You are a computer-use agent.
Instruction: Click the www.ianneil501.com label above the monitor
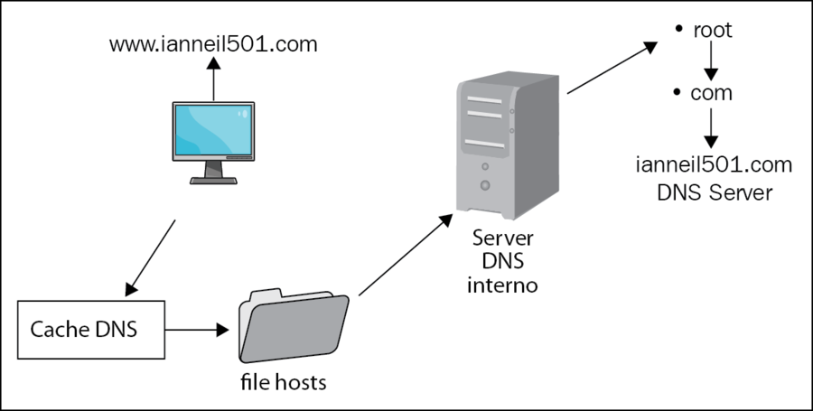coord(213,44)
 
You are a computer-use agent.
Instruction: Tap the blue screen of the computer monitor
coord(213,129)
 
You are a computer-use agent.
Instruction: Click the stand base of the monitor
coord(213,181)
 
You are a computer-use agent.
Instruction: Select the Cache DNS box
coord(91,330)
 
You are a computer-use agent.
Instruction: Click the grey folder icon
coord(294,325)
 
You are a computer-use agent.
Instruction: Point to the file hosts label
coord(284,382)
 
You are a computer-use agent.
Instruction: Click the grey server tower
coord(507,146)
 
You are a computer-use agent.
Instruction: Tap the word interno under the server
coord(502,285)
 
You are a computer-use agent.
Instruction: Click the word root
coord(713,30)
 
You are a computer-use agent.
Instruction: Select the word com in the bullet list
coord(711,93)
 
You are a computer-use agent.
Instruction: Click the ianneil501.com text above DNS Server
coord(714,164)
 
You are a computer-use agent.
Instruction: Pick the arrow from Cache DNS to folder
coord(197,330)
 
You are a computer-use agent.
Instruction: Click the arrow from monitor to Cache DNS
coord(150,258)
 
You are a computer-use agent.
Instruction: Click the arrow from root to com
coord(712,61)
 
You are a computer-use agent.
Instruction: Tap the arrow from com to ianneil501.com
coord(712,127)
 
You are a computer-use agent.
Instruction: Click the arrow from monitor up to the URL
coord(213,79)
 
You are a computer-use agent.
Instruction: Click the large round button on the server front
coord(485,184)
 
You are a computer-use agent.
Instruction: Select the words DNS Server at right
coord(715,192)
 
